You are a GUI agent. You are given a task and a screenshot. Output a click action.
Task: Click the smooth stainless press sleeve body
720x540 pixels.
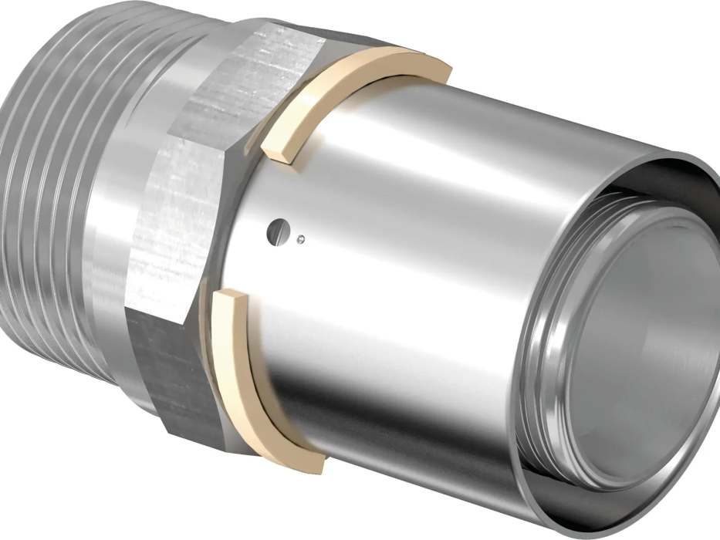(x=432, y=270)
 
